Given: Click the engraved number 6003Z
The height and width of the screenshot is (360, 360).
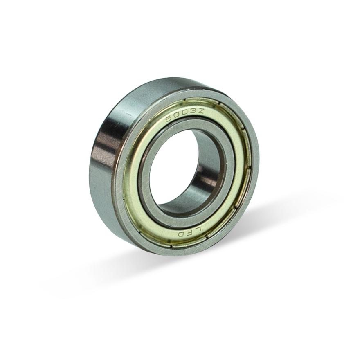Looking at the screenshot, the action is tap(184, 115).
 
